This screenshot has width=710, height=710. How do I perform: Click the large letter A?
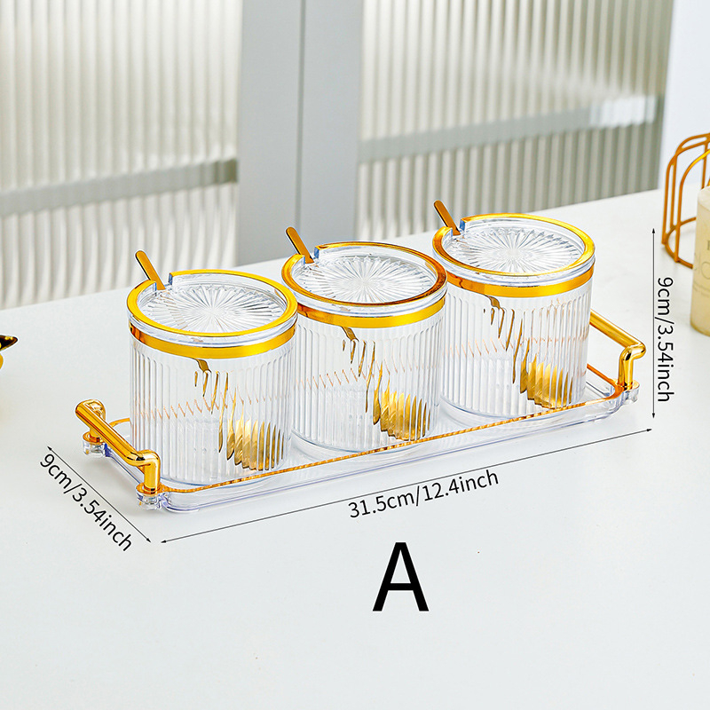[x=401, y=577]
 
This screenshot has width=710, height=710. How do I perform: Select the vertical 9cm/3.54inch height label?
[x=666, y=339]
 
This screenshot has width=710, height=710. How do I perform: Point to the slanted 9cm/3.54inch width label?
[x=86, y=501]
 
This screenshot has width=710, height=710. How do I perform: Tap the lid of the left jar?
[x=212, y=307]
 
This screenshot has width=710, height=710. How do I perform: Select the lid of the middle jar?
[x=364, y=277]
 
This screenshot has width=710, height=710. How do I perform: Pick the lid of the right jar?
[x=514, y=248]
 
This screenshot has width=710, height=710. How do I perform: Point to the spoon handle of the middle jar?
[x=300, y=245]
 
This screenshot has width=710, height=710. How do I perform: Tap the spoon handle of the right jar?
[x=447, y=217]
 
